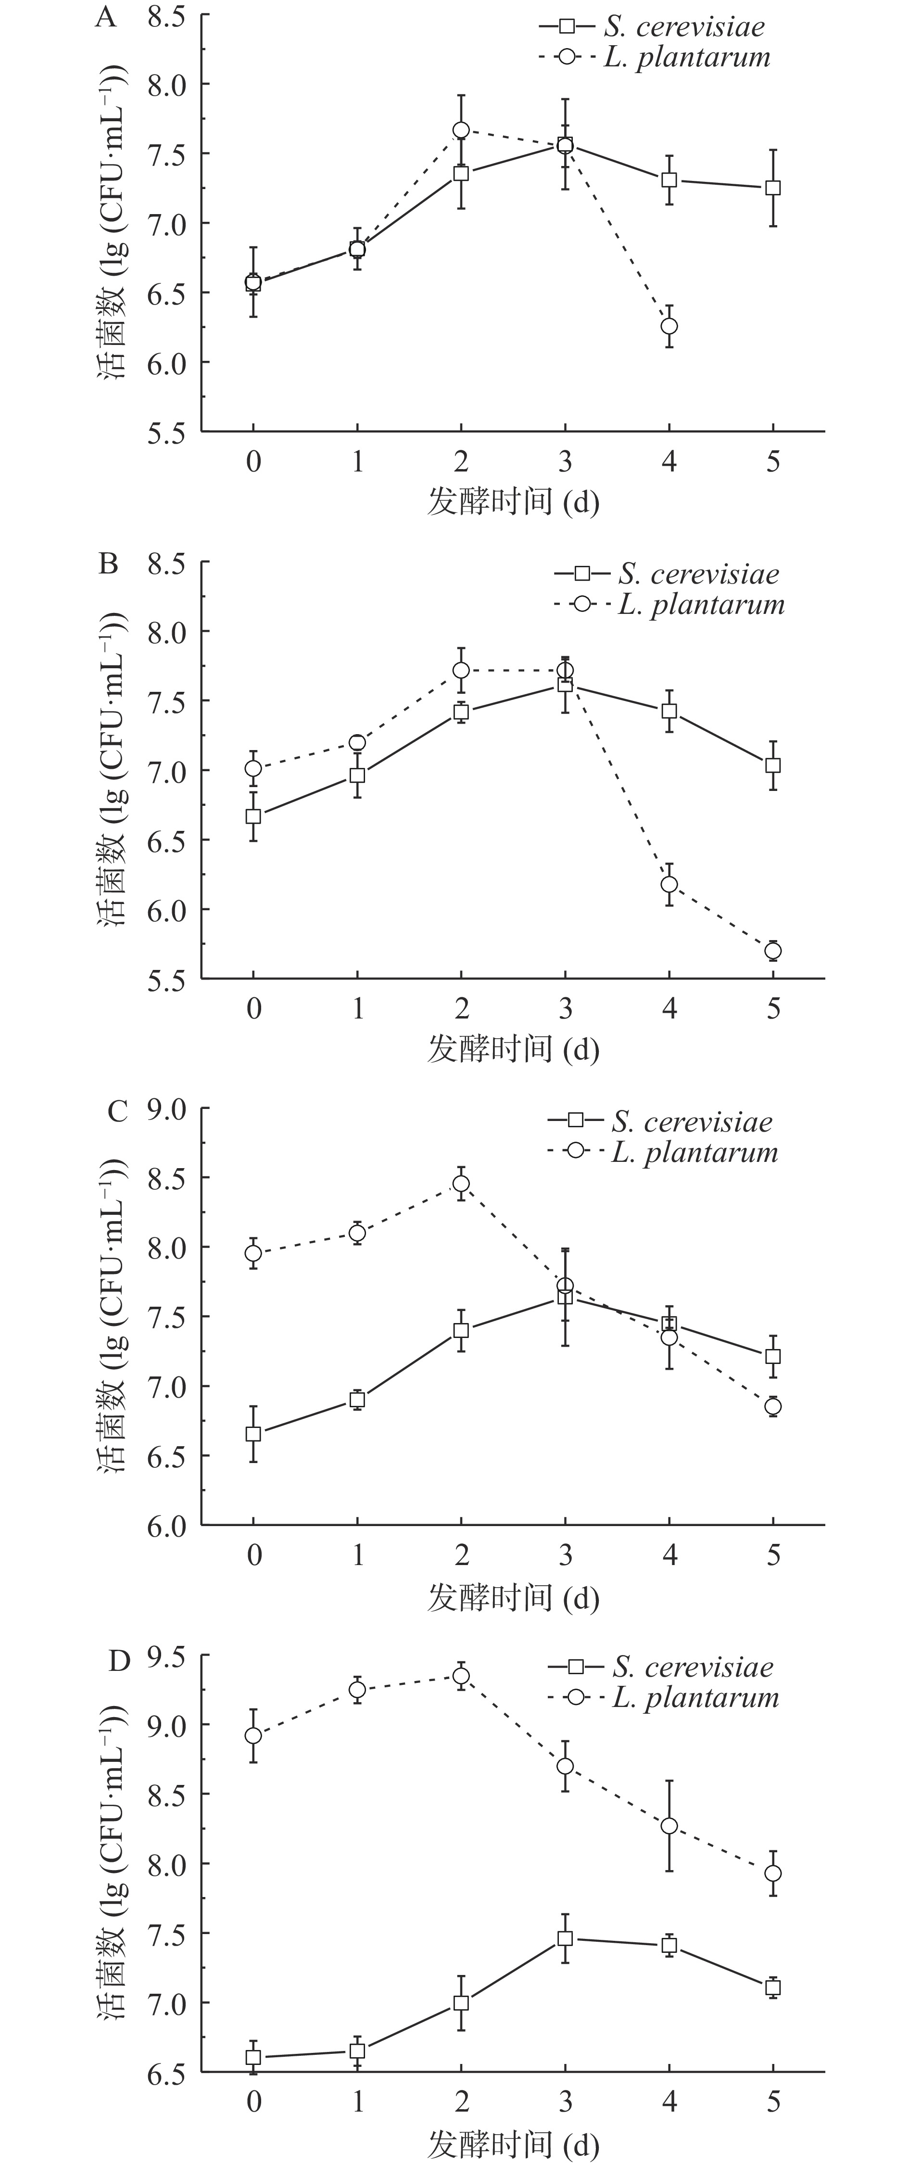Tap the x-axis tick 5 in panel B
click(773, 1008)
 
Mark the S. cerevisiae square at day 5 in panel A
click(773, 188)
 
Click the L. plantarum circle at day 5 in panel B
click(773, 951)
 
